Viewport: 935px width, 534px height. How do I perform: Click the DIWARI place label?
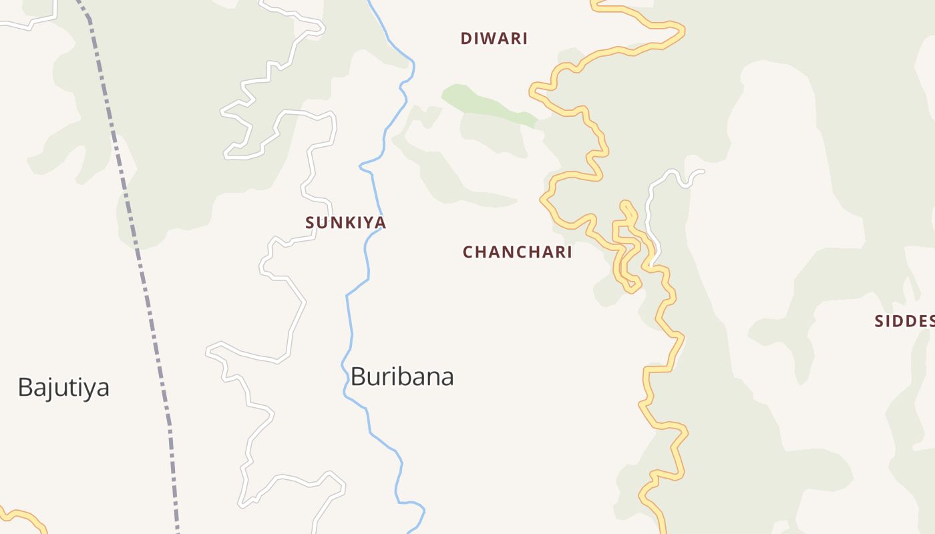click(x=494, y=39)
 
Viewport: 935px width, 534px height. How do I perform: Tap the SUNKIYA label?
click(x=345, y=223)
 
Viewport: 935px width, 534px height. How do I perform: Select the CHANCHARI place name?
click(x=518, y=252)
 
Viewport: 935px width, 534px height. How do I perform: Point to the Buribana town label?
click(x=402, y=376)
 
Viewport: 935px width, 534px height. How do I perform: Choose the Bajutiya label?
click(x=63, y=387)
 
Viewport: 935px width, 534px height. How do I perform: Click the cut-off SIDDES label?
click(x=904, y=321)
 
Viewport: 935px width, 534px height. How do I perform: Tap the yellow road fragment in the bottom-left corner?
click(x=27, y=517)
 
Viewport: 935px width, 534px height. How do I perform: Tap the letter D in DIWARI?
click(x=465, y=39)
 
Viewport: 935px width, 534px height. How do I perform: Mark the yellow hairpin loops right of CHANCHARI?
click(x=626, y=247)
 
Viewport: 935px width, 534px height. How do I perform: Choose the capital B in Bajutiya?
click(x=25, y=387)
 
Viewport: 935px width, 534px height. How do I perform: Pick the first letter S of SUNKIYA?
click(x=310, y=223)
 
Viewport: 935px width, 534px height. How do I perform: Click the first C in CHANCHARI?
click(x=468, y=252)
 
